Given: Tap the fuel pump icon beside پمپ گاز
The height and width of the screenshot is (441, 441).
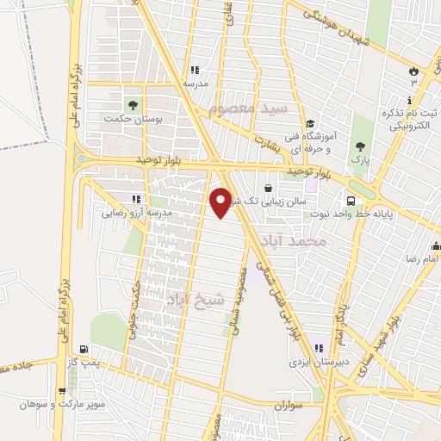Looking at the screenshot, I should tap(83, 349).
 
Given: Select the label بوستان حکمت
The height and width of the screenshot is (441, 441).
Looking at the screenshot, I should tap(139, 118).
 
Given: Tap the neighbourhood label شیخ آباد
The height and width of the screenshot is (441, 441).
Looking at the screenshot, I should tap(196, 298).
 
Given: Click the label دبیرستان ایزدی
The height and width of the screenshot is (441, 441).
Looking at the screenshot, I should tap(318, 362).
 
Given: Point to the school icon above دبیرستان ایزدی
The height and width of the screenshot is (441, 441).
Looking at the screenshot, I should tap(320, 349).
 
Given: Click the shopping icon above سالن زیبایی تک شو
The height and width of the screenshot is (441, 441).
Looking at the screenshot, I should tap(269, 187).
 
